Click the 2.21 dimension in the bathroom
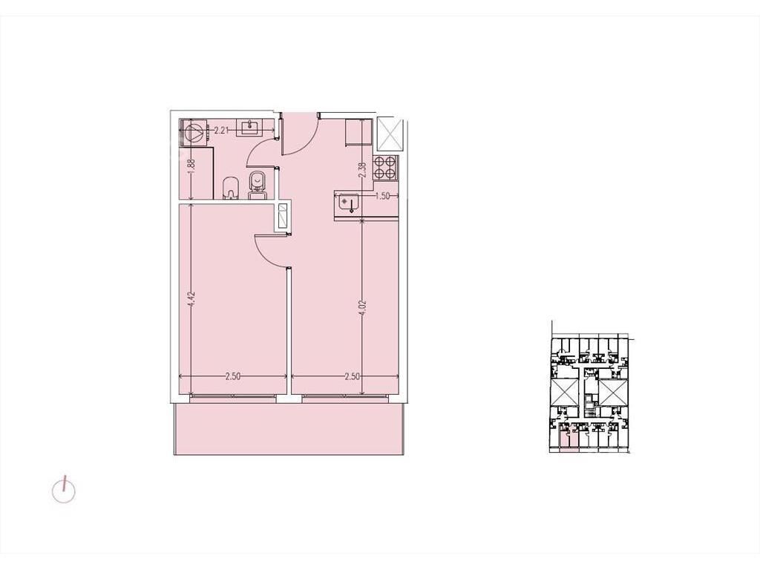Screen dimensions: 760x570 (x=221, y=130)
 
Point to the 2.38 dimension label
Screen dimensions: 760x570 (x=362, y=170)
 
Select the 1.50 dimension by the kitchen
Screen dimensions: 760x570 (x=383, y=196)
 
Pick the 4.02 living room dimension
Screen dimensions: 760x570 (x=363, y=308)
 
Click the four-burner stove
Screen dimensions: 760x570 (x=385, y=168)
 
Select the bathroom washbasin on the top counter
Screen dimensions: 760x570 (x=249, y=128)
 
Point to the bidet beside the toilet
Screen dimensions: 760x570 (x=232, y=188)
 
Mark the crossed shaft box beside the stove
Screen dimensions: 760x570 (x=390, y=134)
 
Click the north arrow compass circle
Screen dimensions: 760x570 (x=64, y=491)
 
